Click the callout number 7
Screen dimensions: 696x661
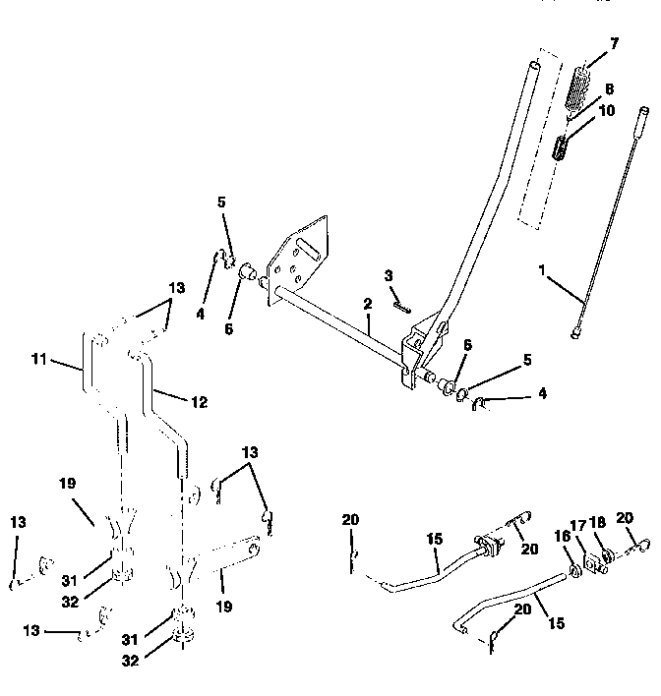point(615,45)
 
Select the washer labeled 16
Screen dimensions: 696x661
point(574,570)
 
